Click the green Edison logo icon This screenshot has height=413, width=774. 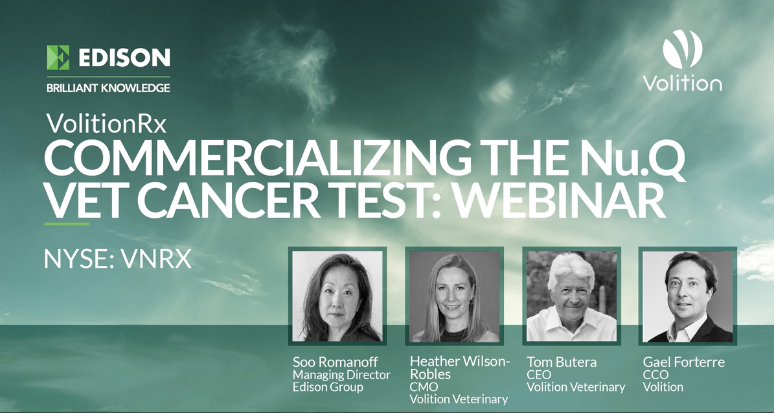coord(58,58)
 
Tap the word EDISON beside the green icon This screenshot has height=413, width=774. coord(124,58)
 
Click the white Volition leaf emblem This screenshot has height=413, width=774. coord(682,49)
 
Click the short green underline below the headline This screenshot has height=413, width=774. coord(67,224)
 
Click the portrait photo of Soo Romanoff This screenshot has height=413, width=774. coord(337,296)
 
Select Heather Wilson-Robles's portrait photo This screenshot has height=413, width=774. coord(452,296)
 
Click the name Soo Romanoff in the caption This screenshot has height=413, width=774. coord(334,362)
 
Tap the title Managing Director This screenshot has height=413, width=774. coord(341,375)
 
